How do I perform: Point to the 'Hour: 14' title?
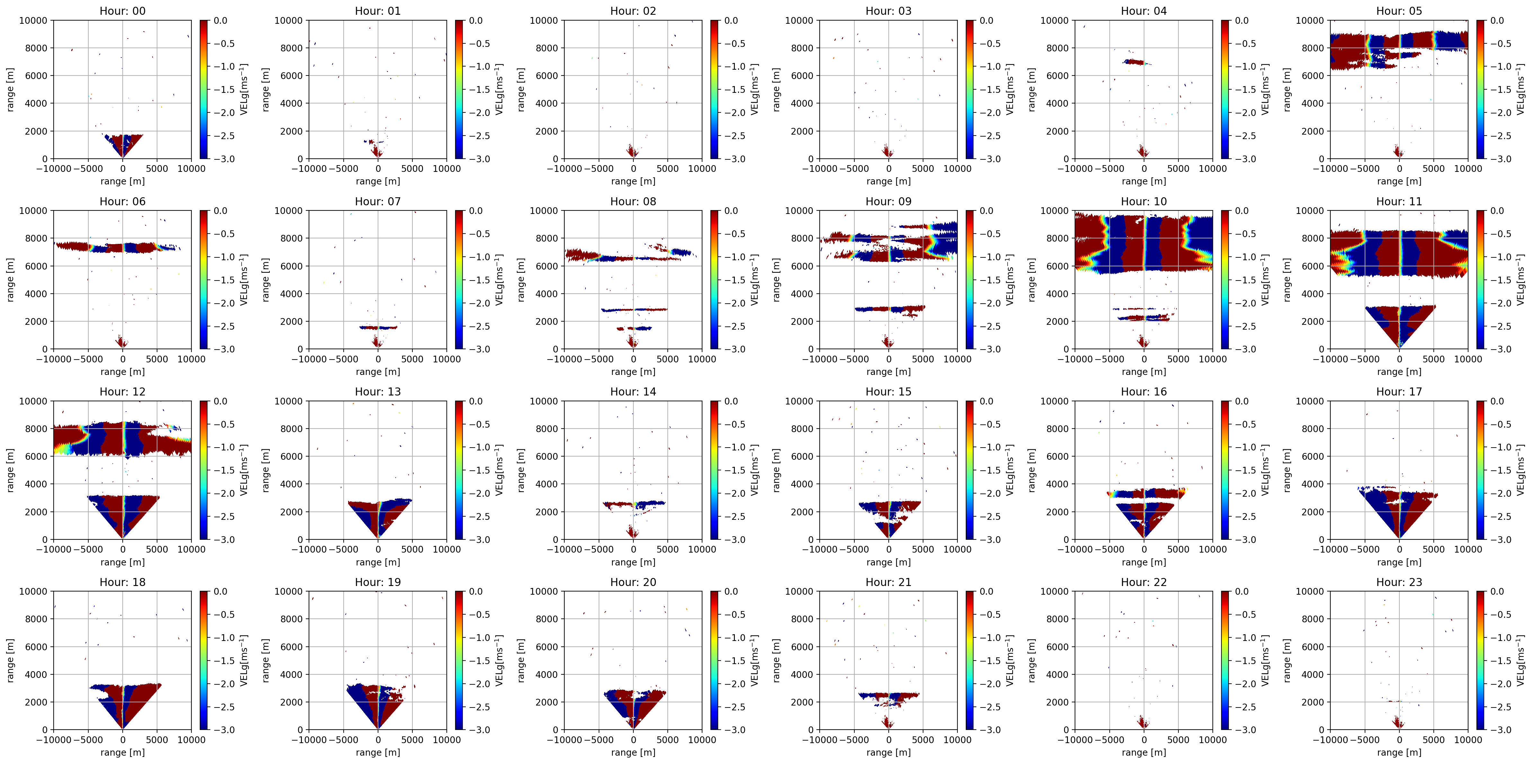coord(633,391)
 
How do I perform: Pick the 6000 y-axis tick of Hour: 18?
coord(36,647)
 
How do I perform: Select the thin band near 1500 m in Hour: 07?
coord(378,327)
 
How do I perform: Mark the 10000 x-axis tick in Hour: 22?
coord(1212,740)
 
